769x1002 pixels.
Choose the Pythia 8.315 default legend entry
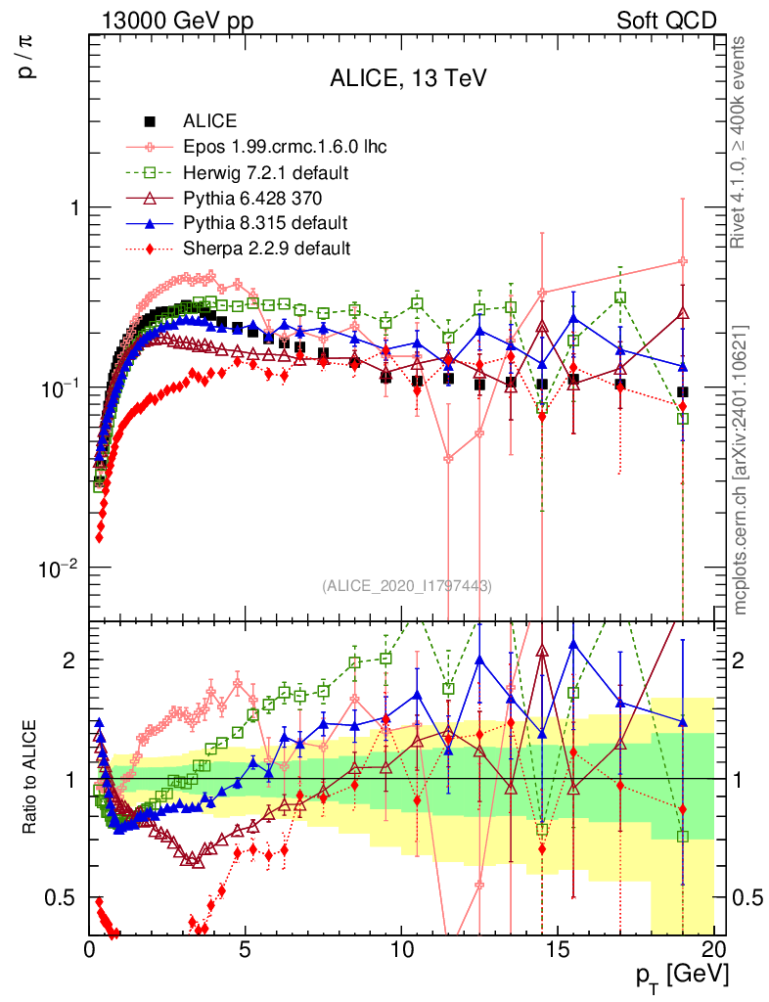[265, 223]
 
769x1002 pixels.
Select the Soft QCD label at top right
[666, 21]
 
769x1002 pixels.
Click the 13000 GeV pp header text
[177, 21]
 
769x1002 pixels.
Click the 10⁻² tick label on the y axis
[54, 569]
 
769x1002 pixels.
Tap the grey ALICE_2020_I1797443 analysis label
[406, 585]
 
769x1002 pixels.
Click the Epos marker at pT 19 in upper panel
[683, 261]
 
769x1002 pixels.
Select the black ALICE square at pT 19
[683, 392]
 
